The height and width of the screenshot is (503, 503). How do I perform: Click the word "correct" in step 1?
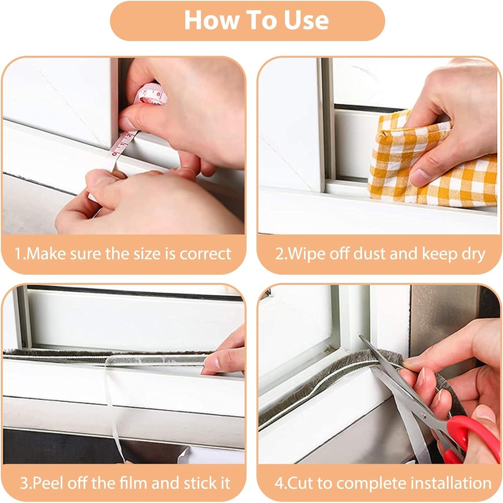coord(205,254)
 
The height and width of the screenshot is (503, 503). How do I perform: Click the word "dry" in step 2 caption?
coord(473,255)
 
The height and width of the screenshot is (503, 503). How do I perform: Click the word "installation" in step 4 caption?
coord(451,483)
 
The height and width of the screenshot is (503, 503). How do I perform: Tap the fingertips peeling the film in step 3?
coord(212,364)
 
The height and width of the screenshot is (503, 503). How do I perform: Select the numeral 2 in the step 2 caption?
coord(279,254)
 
